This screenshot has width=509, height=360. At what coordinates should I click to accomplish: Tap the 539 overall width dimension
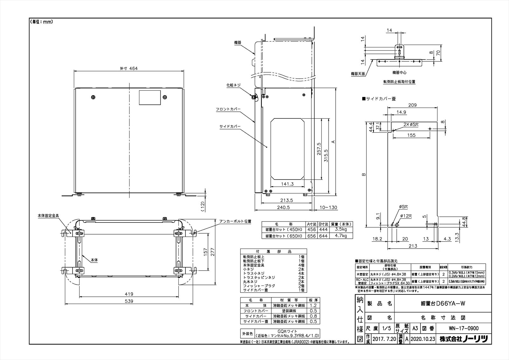tap(129, 301)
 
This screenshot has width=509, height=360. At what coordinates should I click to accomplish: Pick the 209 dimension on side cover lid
tap(412, 105)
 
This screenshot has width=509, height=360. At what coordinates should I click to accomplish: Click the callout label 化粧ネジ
tap(233, 85)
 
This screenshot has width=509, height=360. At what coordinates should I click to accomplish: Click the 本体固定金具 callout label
tap(48, 215)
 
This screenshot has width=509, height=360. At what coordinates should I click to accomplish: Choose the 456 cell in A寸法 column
tap(311, 229)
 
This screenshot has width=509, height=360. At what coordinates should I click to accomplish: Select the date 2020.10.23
tap(423, 339)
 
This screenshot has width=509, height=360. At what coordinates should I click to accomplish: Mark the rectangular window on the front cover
tap(150, 97)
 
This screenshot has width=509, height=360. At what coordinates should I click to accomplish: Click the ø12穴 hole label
tap(406, 216)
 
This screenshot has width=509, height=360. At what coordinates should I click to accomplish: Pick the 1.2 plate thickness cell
tap(313, 305)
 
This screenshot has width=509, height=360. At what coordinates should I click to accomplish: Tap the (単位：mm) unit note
tap(41, 22)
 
